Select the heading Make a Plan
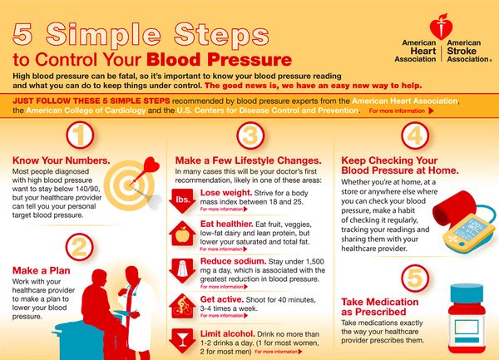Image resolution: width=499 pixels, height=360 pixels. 40,271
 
